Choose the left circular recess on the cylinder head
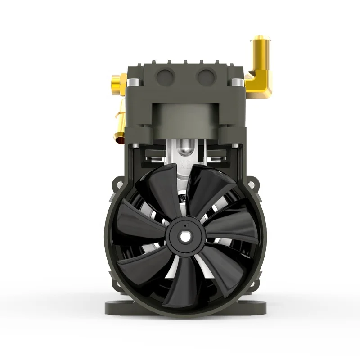tap(166, 77)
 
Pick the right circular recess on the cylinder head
tap(206, 77)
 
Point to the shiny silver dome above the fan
tap(185, 147)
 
